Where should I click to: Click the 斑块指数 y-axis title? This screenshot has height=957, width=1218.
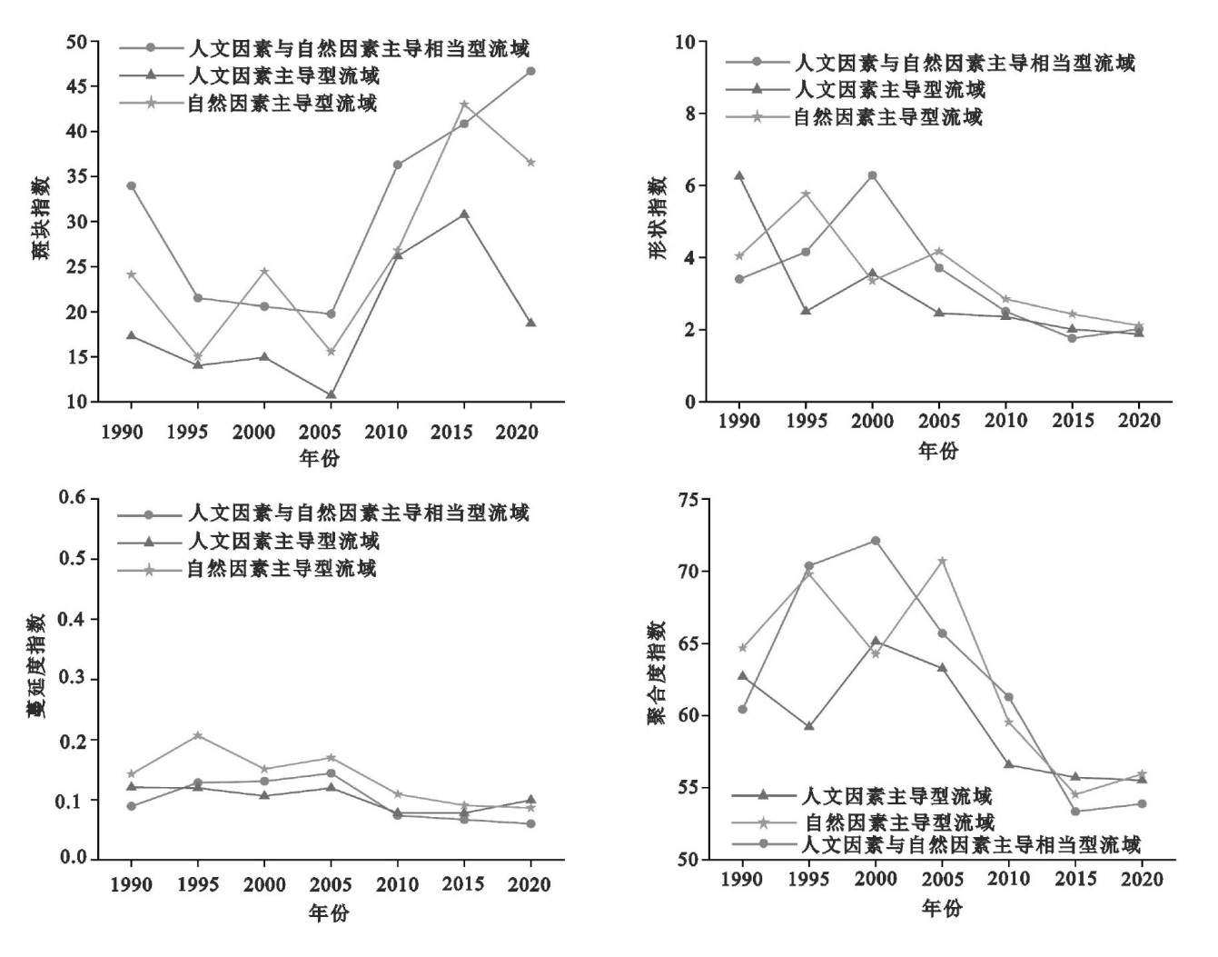coord(42,221)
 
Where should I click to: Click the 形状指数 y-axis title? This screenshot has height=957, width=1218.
coord(658,218)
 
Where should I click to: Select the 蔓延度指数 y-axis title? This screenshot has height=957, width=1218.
coord(35,678)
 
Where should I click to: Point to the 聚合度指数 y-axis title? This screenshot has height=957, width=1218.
coord(657,673)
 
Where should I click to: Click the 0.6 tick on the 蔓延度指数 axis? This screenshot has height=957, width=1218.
coord(72,498)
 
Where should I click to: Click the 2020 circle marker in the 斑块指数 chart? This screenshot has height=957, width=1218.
coord(530,71)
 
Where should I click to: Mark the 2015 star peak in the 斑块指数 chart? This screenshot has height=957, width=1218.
coord(464,105)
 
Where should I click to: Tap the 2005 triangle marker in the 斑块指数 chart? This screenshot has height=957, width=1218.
coord(332,395)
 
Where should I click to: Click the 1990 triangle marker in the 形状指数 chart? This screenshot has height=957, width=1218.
coord(739,175)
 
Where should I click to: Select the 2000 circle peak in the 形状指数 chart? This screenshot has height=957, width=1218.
coord(873,175)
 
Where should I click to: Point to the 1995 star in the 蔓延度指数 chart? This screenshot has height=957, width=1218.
coord(198,735)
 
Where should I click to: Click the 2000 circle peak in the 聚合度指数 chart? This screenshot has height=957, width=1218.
coord(876,541)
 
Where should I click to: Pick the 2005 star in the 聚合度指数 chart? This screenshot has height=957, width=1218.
coord(943,561)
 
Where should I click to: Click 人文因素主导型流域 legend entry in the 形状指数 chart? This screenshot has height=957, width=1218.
coord(889,89)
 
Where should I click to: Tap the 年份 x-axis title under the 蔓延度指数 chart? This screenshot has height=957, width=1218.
coord(328,913)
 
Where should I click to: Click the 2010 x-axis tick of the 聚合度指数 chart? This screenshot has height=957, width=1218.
coord(1008,880)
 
